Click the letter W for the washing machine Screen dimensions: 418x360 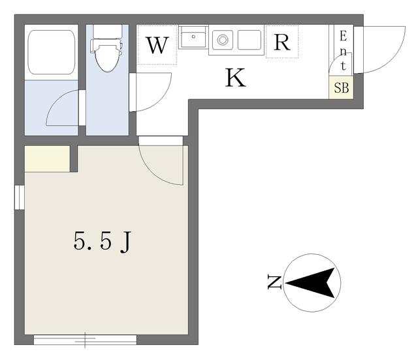pyautogui.click(x=157, y=45)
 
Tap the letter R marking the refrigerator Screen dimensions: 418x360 pyautogui.click(x=282, y=42)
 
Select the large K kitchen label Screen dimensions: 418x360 pyautogui.click(x=235, y=78)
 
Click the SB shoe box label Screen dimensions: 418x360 pyautogui.click(x=341, y=88)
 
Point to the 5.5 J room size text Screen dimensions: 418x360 pyautogui.click(x=103, y=241)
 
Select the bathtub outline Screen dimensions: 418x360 pyautogui.click(x=52, y=52)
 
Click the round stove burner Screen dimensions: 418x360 pyautogui.click(x=222, y=40)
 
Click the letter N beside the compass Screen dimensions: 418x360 pyautogui.click(x=274, y=283)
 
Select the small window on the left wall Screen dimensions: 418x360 pyautogui.click(x=20, y=197)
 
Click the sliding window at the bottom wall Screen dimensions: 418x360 pyautogui.click(x=85, y=340)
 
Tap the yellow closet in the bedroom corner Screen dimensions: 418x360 pyautogui.click(x=47, y=159)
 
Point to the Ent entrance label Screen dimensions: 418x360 pyautogui.click(x=344, y=51)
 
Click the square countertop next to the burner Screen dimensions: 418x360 pyautogui.click(x=249, y=40)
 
